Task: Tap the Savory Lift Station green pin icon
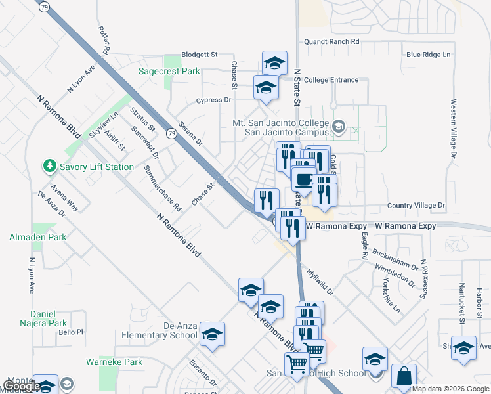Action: [x=49, y=167]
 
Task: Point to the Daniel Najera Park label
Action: [x=49, y=318]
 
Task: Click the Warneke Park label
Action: [x=114, y=362]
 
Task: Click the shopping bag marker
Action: [x=404, y=377]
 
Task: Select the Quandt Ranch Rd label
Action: [x=331, y=41]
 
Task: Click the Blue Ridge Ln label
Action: [x=429, y=55]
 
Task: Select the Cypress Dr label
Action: [x=214, y=100]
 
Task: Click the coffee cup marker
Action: [x=303, y=179]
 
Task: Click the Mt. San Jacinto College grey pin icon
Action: [x=339, y=126]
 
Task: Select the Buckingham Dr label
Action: [x=395, y=259]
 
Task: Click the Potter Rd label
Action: [x=104, y=40]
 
